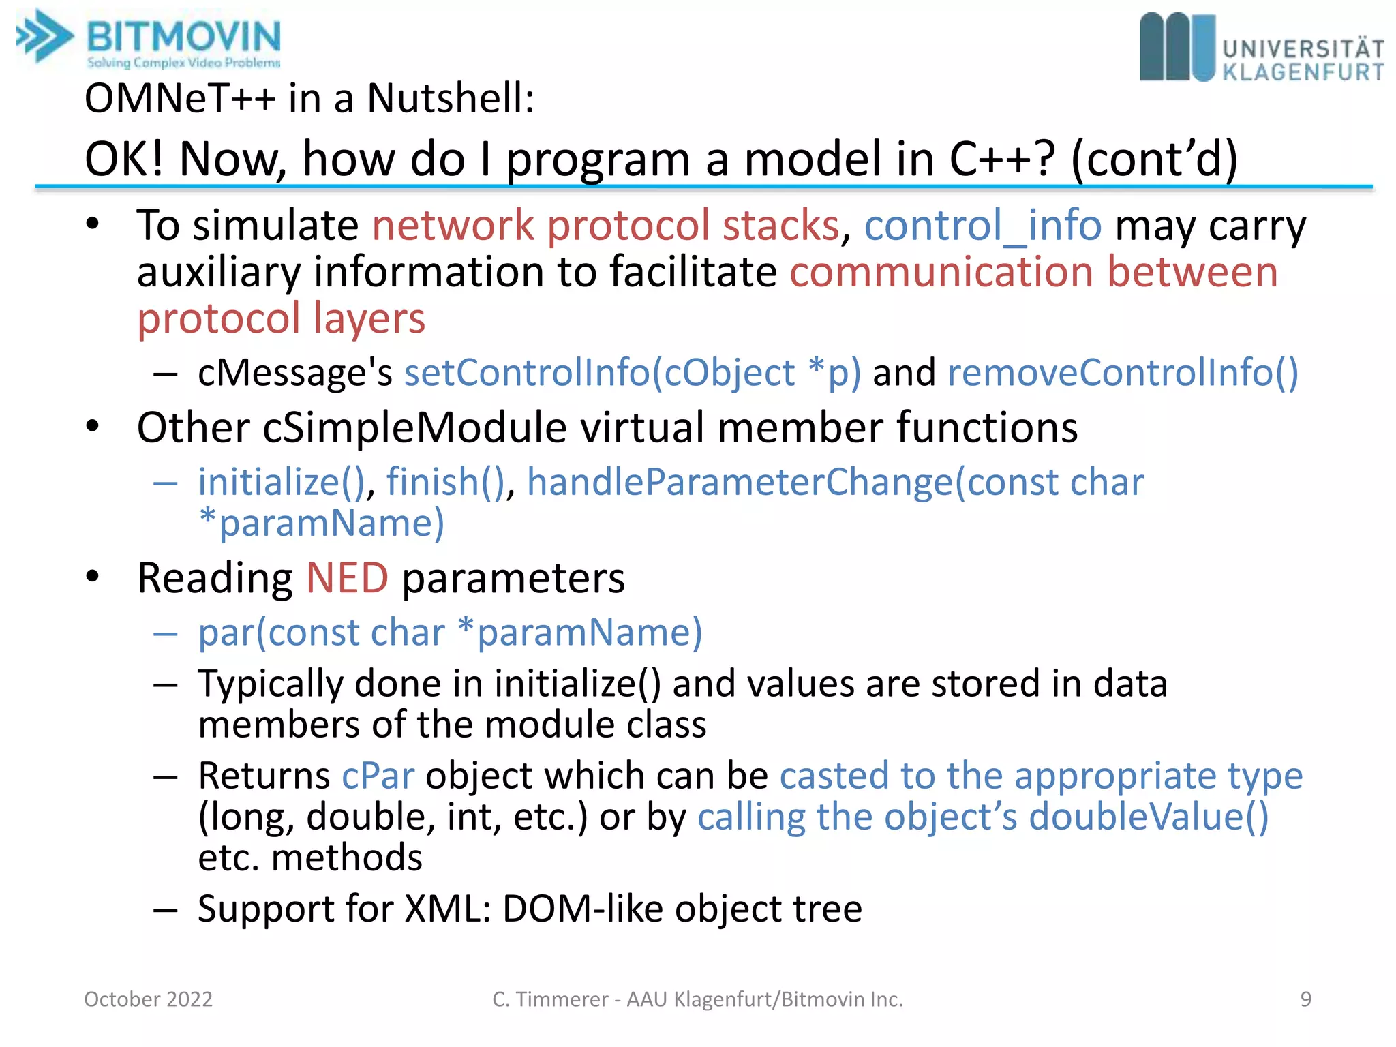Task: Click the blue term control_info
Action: [x=982, y=226]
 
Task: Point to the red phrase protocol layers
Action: [x=281, y=319]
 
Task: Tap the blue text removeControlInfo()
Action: [x=1123, y=373]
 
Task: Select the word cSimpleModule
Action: [x=414, y=428]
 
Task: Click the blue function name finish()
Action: [x=446, y=483]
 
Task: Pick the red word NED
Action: [x=348, y=578]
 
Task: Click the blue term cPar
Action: [x=378, y=776]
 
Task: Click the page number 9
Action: [x=1305, y=999]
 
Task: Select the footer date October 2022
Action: [x=149, y=999]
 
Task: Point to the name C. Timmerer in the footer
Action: [x=549, y=999]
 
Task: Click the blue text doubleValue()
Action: [x=1149, y=817]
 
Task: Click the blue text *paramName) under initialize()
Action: [x=321, y=523]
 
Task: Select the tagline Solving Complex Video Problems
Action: [x=183, y=63]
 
